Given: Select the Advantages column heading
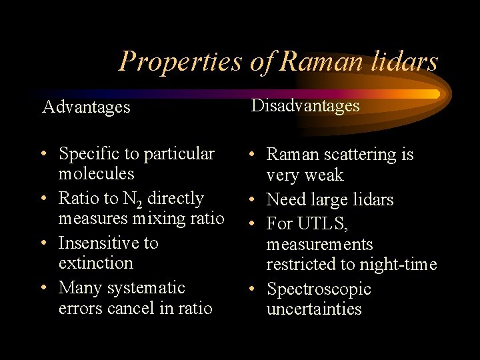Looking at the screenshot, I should click(86, 107).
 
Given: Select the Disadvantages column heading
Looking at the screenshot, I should click(305, 105).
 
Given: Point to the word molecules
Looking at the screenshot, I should click(96, 174).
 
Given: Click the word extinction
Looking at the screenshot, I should click(96, 263).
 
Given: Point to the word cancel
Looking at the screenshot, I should click(131, 308).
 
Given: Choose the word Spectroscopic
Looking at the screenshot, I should click(319, 289).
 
